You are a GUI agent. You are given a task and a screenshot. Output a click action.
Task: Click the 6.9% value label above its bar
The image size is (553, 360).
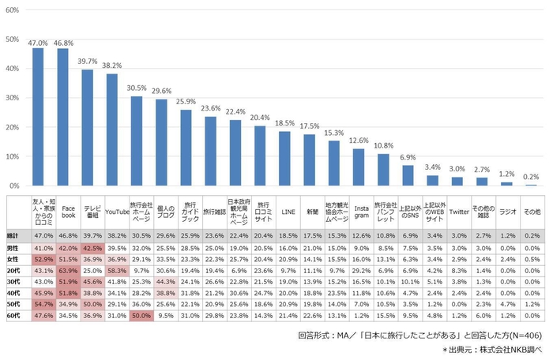point(408,157)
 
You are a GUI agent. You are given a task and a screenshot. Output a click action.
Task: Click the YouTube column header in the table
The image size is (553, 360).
point(117,212)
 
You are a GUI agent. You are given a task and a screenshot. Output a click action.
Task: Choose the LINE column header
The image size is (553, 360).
point(289,212)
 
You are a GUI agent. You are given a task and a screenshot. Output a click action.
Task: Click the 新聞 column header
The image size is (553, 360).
point(314,212)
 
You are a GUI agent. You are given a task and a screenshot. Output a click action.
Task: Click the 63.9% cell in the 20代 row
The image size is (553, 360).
point(68,270)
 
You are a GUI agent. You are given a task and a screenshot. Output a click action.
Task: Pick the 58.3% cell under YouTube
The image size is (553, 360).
point(117,270)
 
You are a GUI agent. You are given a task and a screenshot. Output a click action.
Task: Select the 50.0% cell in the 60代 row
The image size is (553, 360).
point(141,315)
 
